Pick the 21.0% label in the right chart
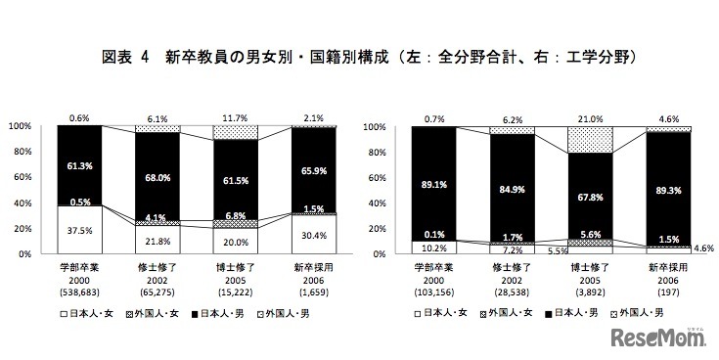[591, 116]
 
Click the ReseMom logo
[658, 338]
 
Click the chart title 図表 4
[121, 58]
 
